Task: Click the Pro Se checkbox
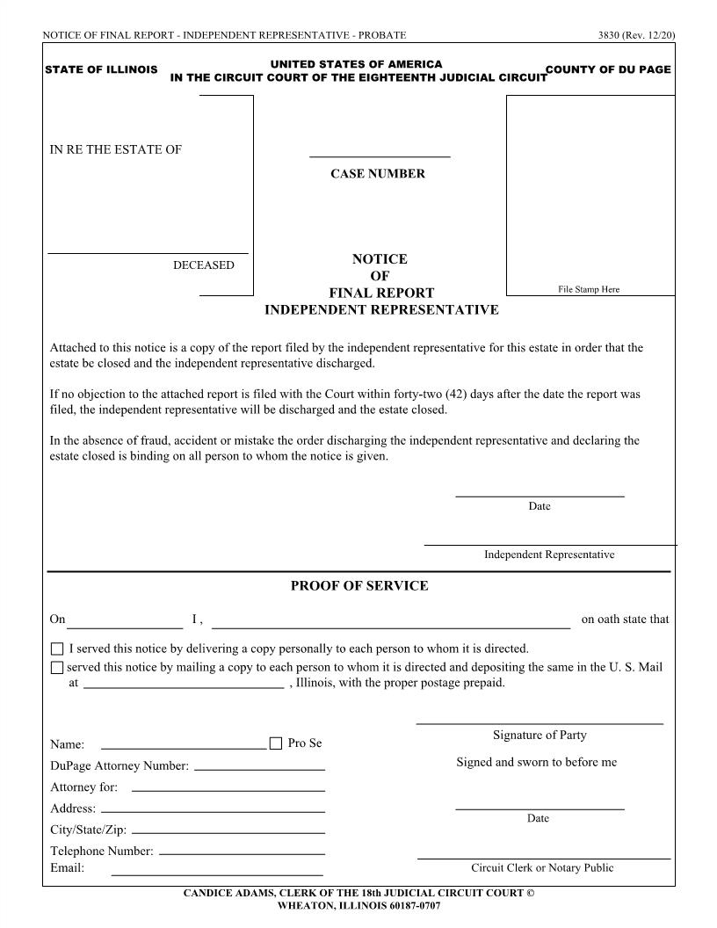276,743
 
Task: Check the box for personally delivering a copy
57,649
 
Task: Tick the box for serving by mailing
57,668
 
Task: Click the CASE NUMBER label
378,174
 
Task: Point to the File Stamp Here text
589,289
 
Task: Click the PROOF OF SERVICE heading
359,586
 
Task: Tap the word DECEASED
204,265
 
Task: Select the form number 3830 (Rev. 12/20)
636,35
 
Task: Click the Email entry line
217,874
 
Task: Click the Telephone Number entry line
242,852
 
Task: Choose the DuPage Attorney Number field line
259,768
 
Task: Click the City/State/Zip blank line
228,831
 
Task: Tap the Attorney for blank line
228,789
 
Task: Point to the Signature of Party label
540,736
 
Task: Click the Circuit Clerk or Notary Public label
542,868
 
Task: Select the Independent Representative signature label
549,555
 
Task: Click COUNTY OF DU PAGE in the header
608,69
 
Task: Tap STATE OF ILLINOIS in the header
101,69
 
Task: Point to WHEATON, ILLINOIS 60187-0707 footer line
358,905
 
